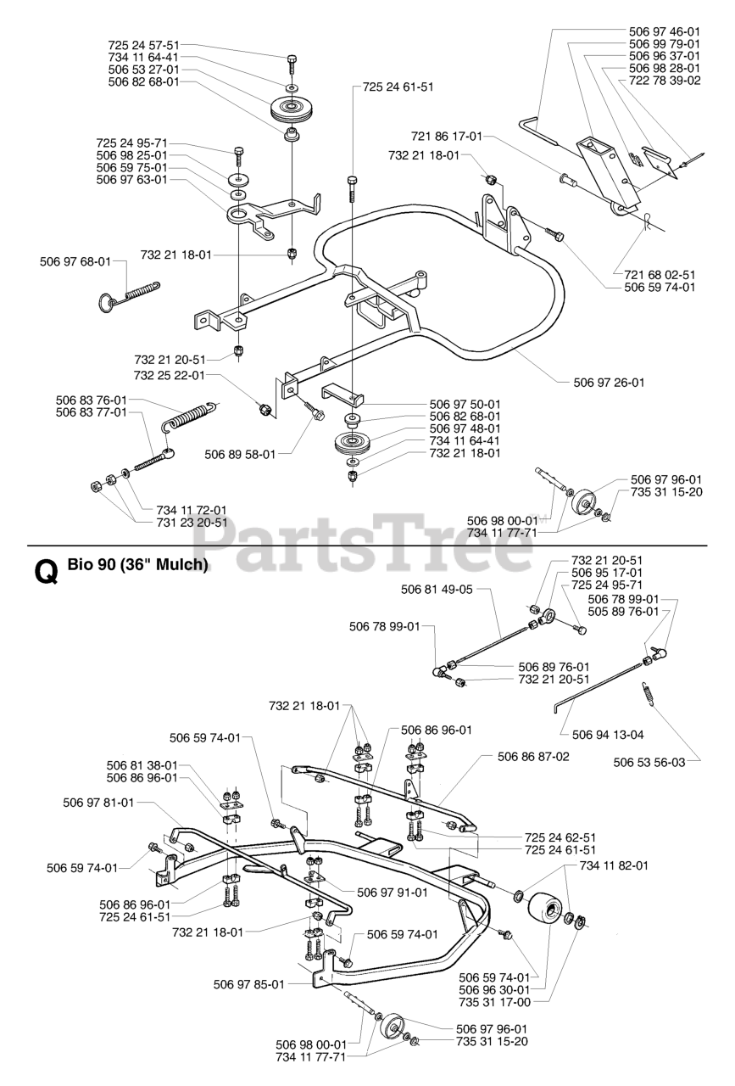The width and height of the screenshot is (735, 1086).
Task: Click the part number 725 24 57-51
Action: coord(144,44)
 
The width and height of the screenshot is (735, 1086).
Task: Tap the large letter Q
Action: coord(45,573)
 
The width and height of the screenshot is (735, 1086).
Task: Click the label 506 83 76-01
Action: coord(92,400)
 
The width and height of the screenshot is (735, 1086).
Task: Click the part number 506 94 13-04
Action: coord(608,735)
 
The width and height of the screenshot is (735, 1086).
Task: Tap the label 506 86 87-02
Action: coord(533,754)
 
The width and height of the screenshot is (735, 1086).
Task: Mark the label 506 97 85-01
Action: coord(248,984)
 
